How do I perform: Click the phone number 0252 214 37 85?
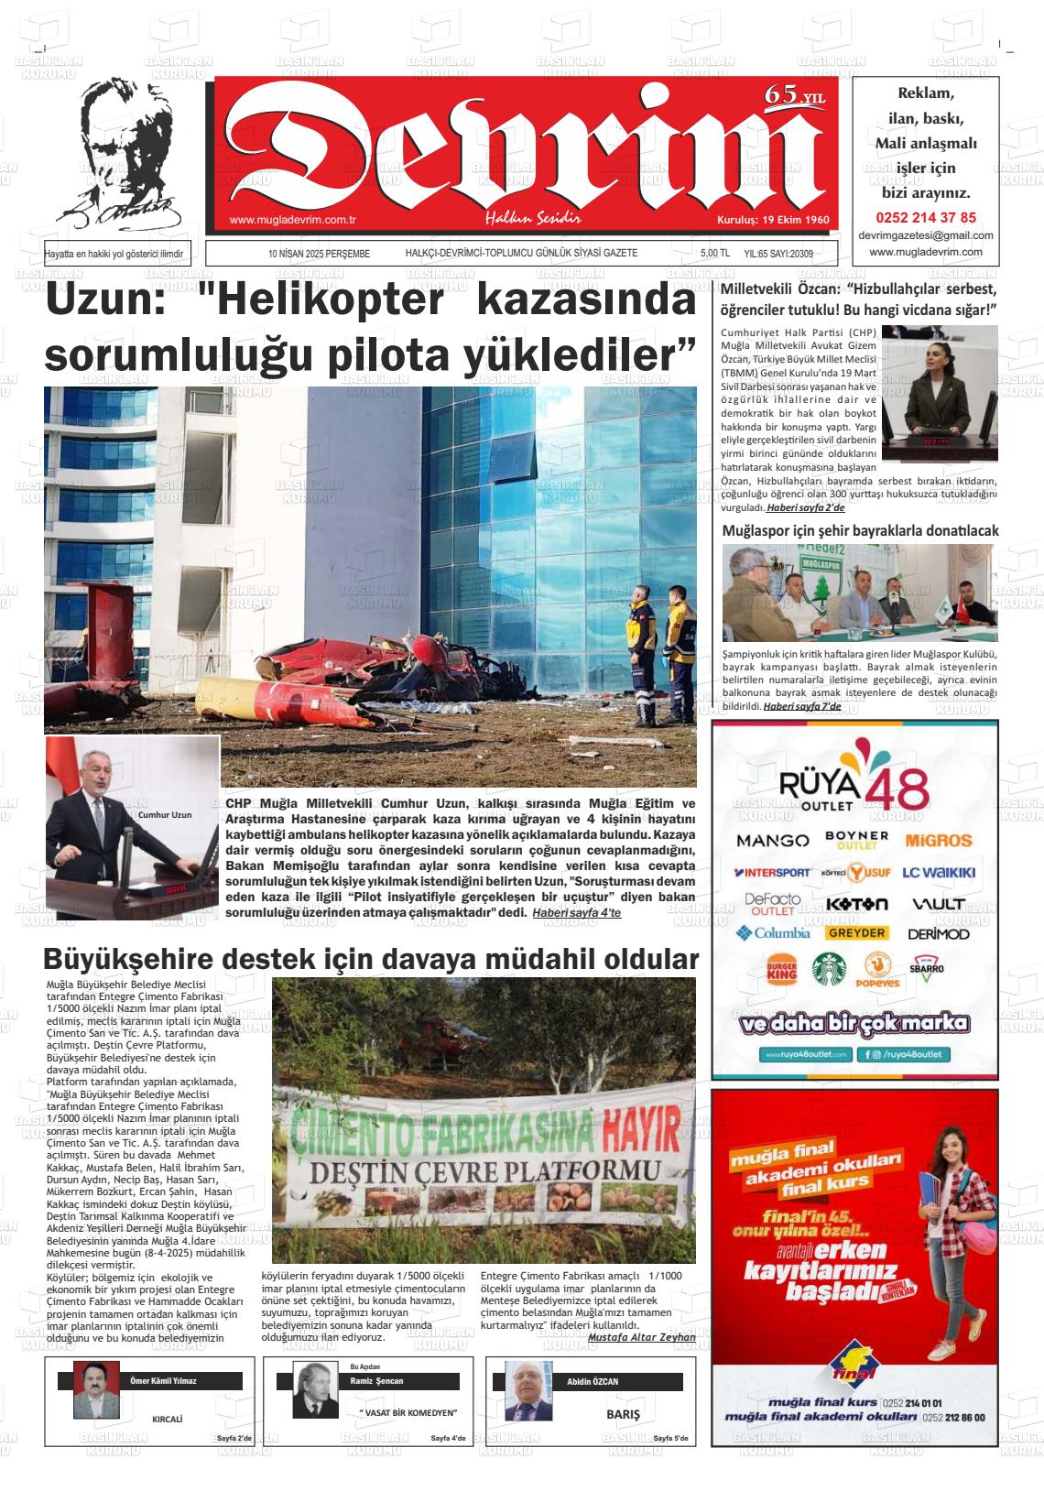[x=926, y=218]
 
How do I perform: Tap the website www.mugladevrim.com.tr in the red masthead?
[x=292, y=220]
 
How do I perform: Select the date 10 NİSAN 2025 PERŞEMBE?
[x=319, y=254]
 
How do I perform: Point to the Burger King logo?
[x=781, y=970]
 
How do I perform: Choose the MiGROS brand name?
[x=938, y=840]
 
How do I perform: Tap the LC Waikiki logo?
[x=939, y=873]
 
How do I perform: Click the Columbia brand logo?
[x=773, y=933]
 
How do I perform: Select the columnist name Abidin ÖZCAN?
[x=593, y=1381]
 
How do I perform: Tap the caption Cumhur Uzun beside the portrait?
[x=164, y=814]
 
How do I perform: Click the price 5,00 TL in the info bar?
[x=713, y=254]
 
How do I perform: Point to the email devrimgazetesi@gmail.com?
[x=926, y=235]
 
